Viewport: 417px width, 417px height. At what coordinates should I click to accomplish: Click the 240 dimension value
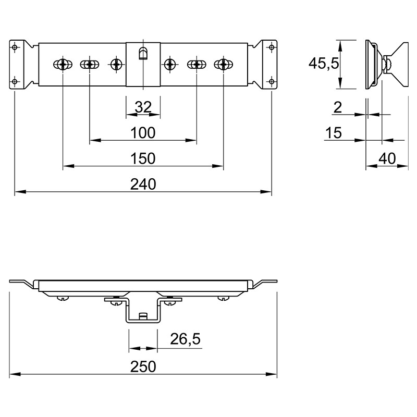[x=143, y=185]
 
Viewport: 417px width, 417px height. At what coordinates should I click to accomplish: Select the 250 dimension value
[x=143, y=367]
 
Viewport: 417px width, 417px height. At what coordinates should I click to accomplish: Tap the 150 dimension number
[x=143, y=158]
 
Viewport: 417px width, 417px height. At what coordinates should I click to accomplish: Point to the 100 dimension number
[x=143, y=133]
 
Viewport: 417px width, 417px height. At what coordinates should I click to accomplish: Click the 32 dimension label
[x=143, y=107]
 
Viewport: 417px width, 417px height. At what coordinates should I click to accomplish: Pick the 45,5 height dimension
[x=324, y=64]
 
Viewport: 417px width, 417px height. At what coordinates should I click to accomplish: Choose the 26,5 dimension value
[x=185, y=339]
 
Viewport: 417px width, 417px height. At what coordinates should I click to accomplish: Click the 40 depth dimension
[x=387, y=159]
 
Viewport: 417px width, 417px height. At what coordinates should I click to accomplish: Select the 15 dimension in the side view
[x=334, y=133]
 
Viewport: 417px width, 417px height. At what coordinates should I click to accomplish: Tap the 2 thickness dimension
[x=337, y=107]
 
